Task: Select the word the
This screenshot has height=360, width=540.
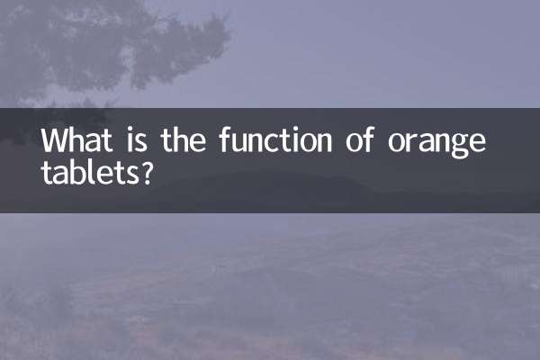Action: tap(184, 142)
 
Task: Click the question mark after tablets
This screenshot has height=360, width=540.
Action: tap(144, 171)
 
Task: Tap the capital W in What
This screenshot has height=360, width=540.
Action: tap(55, 142)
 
